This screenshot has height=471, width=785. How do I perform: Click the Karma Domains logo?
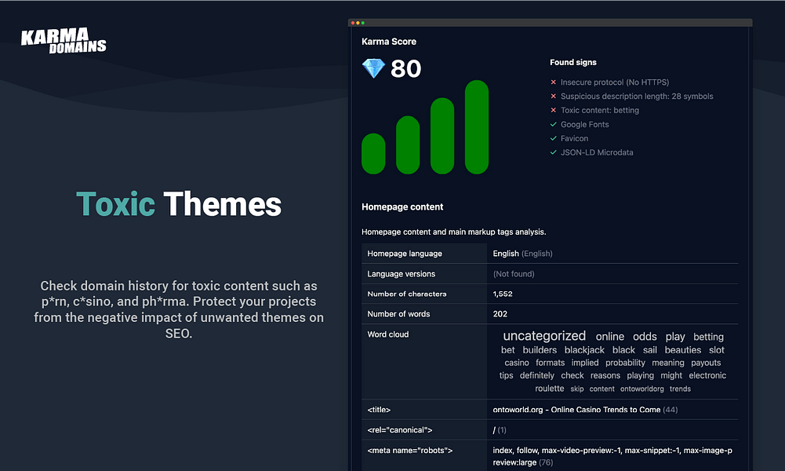click(x=64, y=41)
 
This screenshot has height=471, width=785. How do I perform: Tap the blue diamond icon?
click(x=373, y=68)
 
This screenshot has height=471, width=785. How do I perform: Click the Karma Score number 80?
click(x=405, y=68)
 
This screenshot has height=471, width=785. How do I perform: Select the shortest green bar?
click(x=373, y=153)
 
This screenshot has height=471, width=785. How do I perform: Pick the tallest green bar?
click(x=477, y=126)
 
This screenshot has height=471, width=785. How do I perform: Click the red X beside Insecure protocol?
click(x=553, y=82)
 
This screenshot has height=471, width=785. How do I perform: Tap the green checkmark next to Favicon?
click(x=553, y=138)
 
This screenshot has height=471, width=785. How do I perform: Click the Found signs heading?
click(x=573, y=62)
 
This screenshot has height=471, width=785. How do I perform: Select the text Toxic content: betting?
click(x=600, y=110)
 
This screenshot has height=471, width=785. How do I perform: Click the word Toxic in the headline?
click(x=115, y=204)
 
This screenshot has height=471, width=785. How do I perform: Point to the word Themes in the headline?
click(x=222, y=204)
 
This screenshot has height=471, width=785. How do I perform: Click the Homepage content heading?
click(x=402, y=207)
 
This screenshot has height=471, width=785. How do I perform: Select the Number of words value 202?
click(x=500, y=314)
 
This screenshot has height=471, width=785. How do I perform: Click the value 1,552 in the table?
click(x=503, y=294)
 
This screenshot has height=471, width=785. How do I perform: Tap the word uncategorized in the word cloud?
click(x=544, y=336)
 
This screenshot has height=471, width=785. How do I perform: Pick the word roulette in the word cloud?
click(x=549, y=389)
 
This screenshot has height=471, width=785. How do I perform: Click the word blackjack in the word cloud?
click(x=584, y=350)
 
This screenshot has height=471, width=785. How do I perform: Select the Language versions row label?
click(x=401, y=274)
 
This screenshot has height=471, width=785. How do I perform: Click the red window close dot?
click(x=352, y=23)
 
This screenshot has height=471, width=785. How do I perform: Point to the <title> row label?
click(x=379, y=410)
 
